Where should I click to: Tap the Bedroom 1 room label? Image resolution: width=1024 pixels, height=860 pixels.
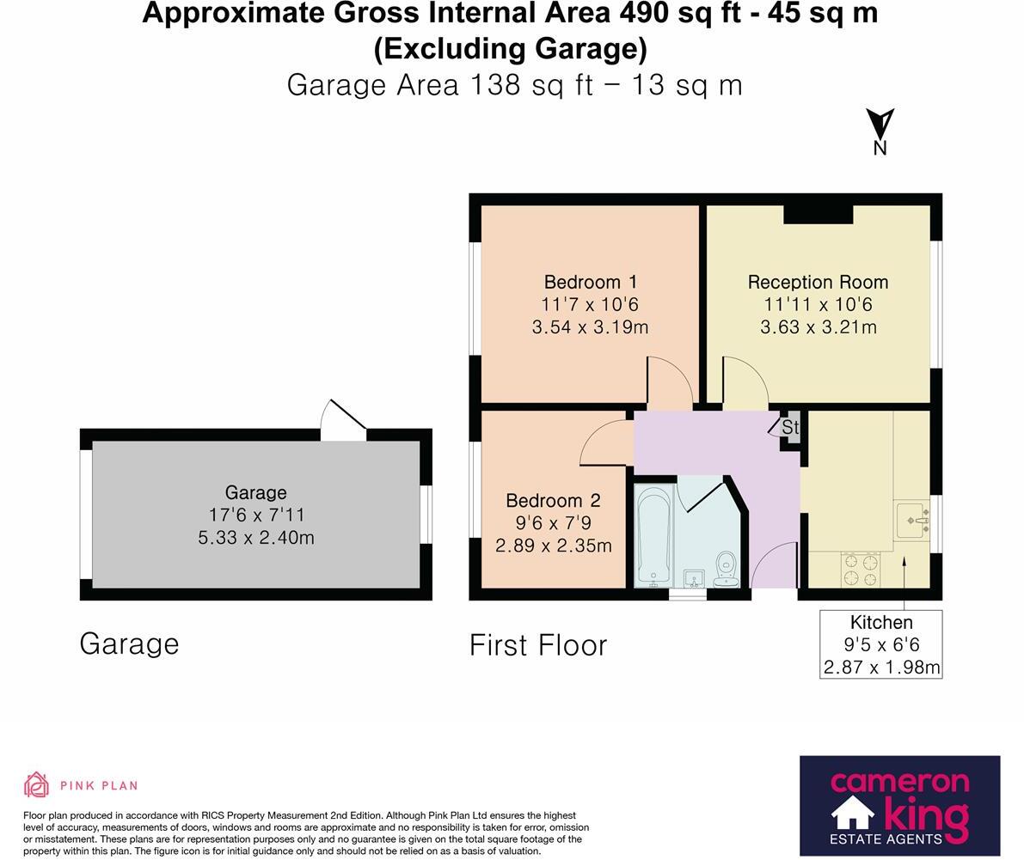[x=591, y=282]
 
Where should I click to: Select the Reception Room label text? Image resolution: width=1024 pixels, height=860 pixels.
[x=818, y=282]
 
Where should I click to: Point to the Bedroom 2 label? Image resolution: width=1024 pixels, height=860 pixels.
[x=553, y=501]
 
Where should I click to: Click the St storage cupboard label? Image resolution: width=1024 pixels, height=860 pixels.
[x=790, y=427]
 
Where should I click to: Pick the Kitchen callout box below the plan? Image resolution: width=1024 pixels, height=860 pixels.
[x=881, y=644]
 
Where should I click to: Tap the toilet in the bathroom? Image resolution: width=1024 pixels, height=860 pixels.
[x=726, y=570]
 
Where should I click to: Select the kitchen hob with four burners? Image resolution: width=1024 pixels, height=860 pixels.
[x=860, y=570]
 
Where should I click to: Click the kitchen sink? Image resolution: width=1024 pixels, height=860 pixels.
[x=913, y=520]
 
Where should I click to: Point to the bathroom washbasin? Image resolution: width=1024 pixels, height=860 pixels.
[x=694, y=578]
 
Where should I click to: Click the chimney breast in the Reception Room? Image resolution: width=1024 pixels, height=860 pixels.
[x=819, y=215]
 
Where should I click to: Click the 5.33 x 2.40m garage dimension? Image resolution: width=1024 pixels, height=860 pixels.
[x=256, y=538]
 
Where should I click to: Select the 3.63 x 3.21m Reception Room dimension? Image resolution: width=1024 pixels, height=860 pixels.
[x=819, y=327]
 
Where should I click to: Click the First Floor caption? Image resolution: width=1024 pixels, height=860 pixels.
[x=538, y=645]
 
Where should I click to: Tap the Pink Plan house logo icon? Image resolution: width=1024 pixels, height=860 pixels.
[x=37, y=784]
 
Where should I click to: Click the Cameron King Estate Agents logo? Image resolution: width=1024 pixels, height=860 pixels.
[x=900, y=806]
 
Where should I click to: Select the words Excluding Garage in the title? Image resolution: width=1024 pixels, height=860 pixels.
[x=510, y=49]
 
